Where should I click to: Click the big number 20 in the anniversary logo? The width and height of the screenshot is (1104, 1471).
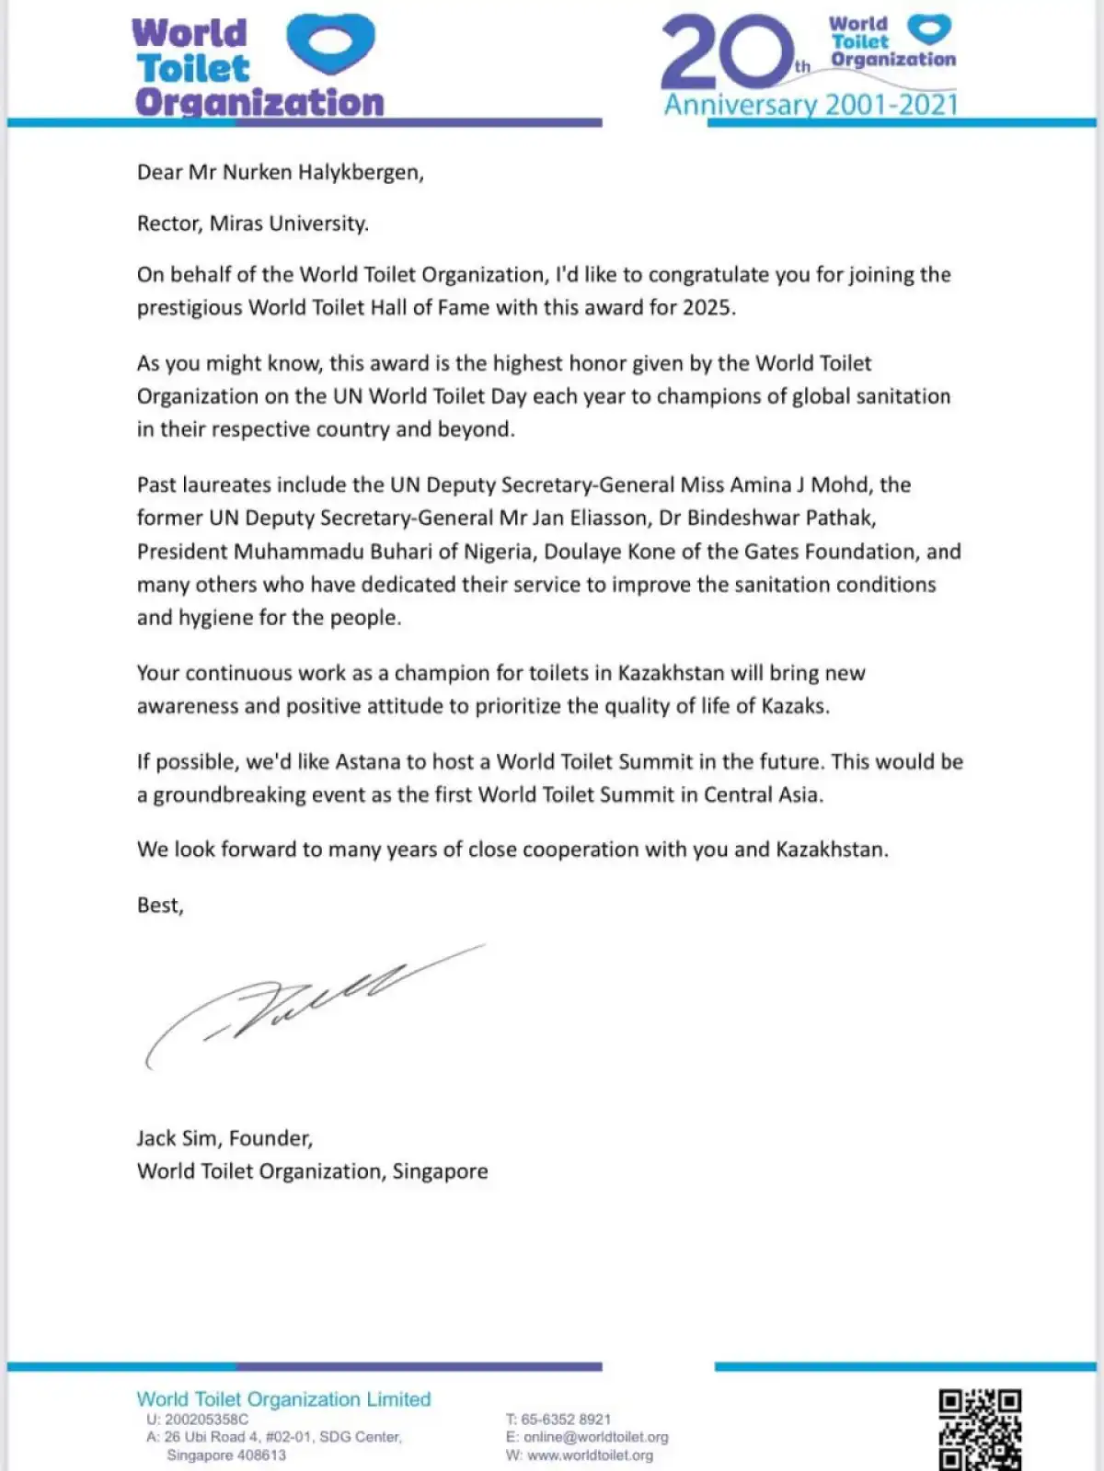tap(727, 53)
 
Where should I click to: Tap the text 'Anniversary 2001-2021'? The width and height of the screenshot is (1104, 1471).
tap(811, 105)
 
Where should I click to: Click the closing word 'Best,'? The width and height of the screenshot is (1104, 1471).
tap(160, 906)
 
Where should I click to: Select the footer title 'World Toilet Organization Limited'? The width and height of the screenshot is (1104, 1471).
tap(283, 1399)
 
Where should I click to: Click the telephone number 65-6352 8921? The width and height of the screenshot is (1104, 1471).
tap(566, 1420)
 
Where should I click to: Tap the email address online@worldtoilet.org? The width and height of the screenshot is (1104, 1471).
tap(595, 1437)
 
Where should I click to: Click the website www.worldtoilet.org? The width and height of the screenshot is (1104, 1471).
tap(590, 1455)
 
